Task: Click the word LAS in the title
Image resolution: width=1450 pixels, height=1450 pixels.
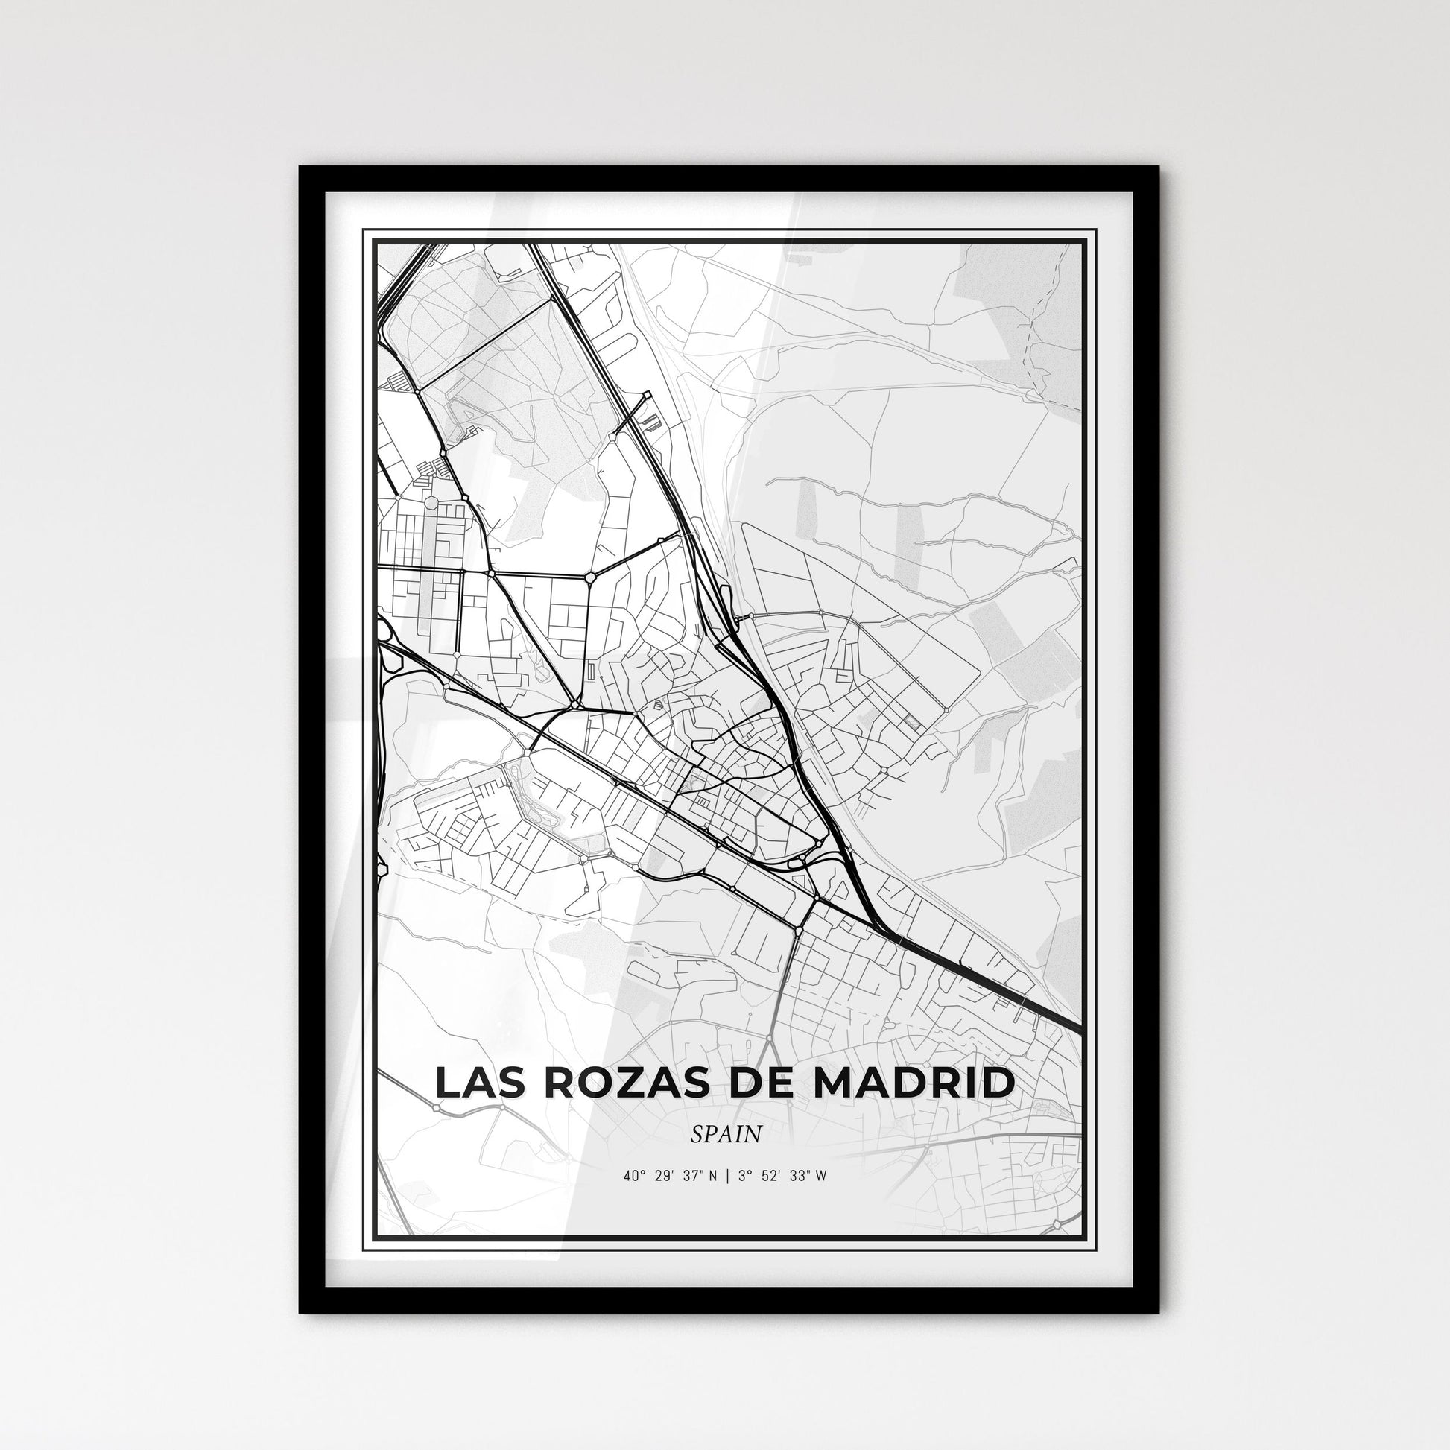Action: coord(477,1083)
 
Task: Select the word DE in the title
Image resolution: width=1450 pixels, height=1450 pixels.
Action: coord(762,1083)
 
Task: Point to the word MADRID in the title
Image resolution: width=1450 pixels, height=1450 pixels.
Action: coord(916,1083)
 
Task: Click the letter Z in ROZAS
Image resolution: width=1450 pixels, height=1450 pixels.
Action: coord(621,1083)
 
